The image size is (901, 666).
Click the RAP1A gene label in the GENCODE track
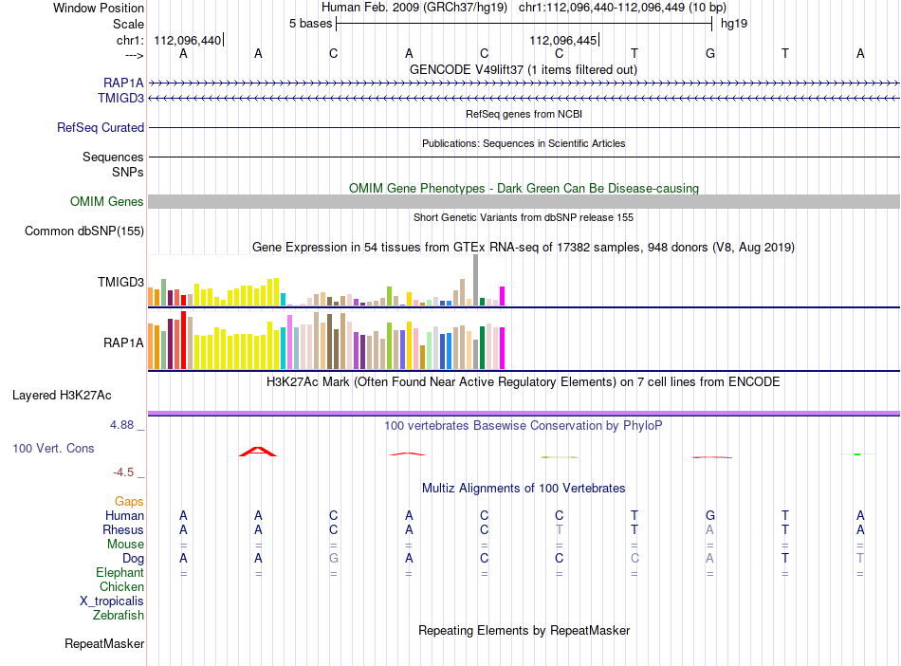point(123,83)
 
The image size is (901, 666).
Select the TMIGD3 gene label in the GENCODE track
point(120,99)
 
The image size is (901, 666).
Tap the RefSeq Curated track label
point(101,127)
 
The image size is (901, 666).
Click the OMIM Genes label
point(107,202)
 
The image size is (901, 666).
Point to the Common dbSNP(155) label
point(84,231)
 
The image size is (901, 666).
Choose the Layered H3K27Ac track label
point(62,396)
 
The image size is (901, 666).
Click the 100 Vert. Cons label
point(53,448)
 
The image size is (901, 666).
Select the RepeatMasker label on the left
point(104,643)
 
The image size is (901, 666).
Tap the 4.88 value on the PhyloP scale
point(121,425)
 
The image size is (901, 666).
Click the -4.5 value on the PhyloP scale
point(123,472)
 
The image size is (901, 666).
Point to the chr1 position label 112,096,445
point(563,40)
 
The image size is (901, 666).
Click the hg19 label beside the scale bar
point(734,24)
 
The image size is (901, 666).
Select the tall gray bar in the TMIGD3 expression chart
point(475,280)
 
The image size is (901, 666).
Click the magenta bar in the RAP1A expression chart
point(502,348)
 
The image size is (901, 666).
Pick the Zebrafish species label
point(119,616)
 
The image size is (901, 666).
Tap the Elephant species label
point(120,573)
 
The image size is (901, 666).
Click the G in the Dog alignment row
point(333,558)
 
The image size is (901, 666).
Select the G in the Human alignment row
point(710,515)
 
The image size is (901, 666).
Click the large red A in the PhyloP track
point(258,452)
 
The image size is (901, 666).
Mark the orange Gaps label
point(129,502)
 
